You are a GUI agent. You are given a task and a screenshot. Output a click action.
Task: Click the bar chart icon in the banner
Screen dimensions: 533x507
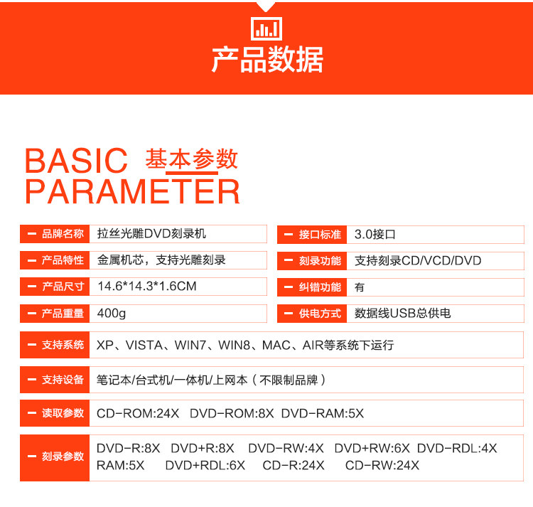[x=266, y=28]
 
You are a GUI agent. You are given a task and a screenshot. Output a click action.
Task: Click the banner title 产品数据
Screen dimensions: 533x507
[x=267, y=60]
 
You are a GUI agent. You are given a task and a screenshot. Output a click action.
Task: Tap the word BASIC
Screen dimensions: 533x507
[x=76, y=161]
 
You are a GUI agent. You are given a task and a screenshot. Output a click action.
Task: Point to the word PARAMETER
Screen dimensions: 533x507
[x=133, y=191]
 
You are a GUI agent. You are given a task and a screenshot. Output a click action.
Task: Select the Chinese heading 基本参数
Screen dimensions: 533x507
[x=191, y=159]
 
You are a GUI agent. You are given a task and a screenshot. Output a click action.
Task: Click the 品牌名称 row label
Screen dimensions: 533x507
[x=63, y=234]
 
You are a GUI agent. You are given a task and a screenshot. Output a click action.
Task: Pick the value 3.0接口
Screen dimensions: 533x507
[x=375, y=234]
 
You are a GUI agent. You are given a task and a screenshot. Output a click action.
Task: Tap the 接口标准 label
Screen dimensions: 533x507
[x=320, y=235]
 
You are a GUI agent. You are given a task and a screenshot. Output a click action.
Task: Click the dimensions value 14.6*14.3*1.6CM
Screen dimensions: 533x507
[x=147, y=287]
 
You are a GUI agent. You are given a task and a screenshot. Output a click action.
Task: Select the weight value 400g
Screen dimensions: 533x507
[x=112, y=313]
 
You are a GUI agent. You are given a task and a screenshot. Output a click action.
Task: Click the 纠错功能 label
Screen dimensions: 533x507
[x=320, y=287]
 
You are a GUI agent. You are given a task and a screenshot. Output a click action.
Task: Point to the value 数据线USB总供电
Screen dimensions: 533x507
[x=402, y=313]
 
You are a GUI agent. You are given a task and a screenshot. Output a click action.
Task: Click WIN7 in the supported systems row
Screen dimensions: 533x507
[x=190, y=345]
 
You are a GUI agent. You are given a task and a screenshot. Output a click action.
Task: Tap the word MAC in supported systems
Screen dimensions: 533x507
[x=276, y=345]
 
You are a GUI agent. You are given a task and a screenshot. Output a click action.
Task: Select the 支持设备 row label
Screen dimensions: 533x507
[x=63, y=380]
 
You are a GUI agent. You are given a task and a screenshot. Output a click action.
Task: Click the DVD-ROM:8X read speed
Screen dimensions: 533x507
[x=232, y=413]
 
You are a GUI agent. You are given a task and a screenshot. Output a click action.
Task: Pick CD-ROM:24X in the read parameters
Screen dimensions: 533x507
[x=138, y=413]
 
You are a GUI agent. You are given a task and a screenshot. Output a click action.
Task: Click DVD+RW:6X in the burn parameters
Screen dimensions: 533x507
[x=372, y=448]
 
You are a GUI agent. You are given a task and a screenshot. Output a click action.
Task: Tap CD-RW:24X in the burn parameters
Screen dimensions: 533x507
[x=382, y=465]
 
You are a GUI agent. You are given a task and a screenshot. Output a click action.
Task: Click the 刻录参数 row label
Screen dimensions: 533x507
[x=63, y=457]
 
